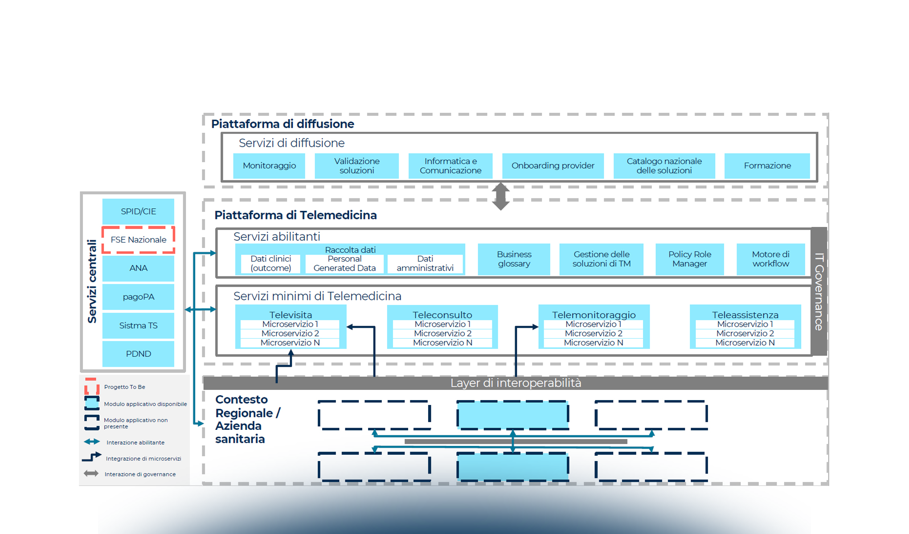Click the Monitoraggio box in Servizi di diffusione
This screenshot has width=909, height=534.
269,166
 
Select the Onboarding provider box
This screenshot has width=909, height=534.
553,166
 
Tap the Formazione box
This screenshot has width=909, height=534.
767,166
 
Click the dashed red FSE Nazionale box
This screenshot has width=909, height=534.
138,240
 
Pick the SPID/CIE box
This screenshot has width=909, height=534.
138,211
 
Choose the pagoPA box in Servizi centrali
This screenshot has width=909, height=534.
138,297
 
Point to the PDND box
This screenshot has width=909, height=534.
138,354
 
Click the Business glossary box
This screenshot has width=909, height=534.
514,259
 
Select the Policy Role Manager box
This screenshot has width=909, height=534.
689,259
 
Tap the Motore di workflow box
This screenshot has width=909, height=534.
770,259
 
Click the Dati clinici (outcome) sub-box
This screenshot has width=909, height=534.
270,263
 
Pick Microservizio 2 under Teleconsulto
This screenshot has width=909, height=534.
442,333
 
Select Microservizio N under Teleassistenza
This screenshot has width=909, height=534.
745,343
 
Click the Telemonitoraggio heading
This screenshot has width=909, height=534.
594,315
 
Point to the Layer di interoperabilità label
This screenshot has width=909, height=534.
516,383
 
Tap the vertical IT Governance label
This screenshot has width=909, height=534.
819,291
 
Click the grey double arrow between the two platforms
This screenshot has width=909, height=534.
500,196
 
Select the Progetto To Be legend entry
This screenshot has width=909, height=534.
124,387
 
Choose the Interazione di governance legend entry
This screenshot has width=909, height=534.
140,474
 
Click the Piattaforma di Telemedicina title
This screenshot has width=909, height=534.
295,215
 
